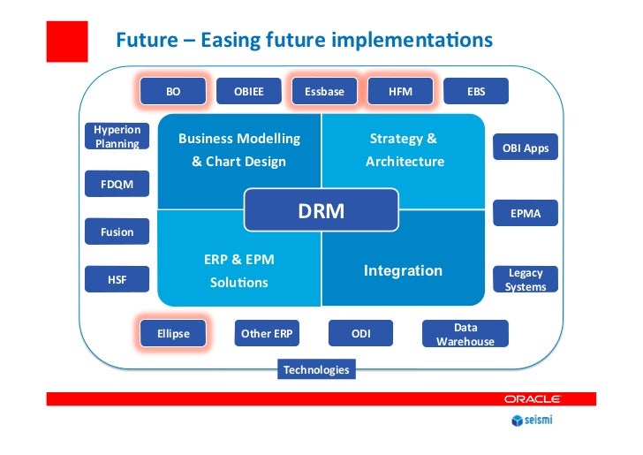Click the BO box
click(173, 91)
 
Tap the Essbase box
click(324, 91)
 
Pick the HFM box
click(400, 91)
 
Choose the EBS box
click(476, 91)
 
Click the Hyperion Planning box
click(117, 136)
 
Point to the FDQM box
click(117, 185)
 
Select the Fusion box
click(117, 232)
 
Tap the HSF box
click(117, 280)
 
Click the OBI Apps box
click(526, 148)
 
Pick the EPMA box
click(526, 214)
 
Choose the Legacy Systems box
click(526, 280)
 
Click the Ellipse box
click(173, 334)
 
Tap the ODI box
click(360, 334)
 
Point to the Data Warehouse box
click(465, 334)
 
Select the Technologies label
click(316, 370)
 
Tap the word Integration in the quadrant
click(403, 270)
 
